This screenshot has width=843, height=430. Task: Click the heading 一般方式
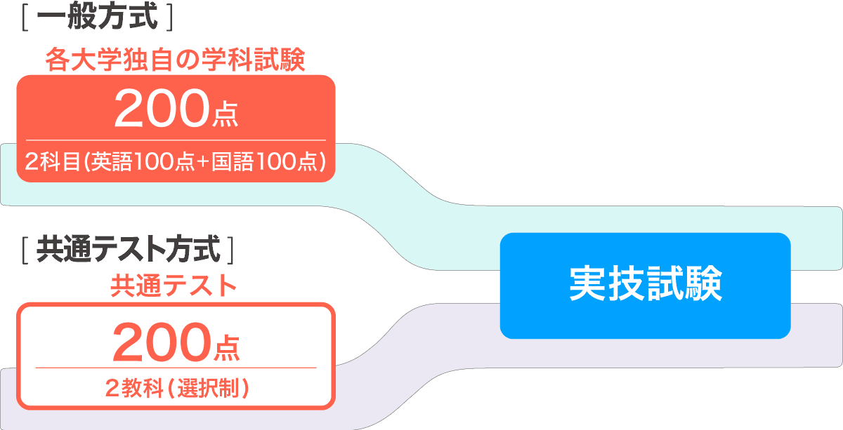coord(97,18)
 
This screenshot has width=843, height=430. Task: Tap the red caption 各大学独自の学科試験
coord(175,60)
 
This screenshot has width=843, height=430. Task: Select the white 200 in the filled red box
coord(161,109)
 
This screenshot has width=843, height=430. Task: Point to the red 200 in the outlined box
coord(161,341)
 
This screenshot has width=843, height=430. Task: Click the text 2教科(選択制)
coord(176,388)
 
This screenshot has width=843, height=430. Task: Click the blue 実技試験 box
coord(645,285)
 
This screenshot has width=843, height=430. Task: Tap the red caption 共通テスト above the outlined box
coord(173,286)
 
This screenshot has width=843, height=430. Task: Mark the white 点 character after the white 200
coord(225,115)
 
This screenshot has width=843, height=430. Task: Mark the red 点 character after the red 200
coord(225,347)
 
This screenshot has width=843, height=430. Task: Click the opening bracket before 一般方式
coord(25,18)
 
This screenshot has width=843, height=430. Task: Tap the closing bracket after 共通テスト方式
coord(230,249)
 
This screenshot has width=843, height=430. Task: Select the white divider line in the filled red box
coord(176,140)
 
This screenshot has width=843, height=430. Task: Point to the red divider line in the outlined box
coord(176,368)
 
